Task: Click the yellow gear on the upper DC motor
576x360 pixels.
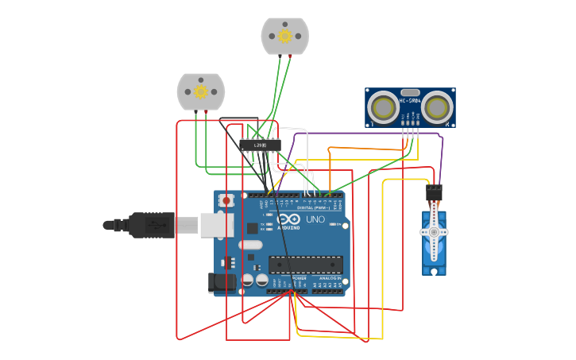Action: pyautogui.click(x=285, y=36)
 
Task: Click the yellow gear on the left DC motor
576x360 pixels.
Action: pyautogui.click(x=201, y=92)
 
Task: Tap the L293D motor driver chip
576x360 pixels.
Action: pyautogui.click(x=260, y=145)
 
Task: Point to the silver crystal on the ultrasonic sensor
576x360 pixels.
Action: pyautogui.click(x=410, y=93)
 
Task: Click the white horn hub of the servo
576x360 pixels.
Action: pyautogui.click(x=434, y=232)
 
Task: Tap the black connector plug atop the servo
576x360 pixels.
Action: pyautogui.click(x=434, y=193)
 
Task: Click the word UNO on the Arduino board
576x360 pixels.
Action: pyautogui.click(x=315, y=219)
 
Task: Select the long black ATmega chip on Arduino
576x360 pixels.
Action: pyautogui.click(x=306, y=264)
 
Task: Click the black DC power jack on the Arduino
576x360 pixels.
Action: pyautogui.click(x=221, y=281)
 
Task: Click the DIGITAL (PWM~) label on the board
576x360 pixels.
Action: pyautogui.click(x=311, y=207)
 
